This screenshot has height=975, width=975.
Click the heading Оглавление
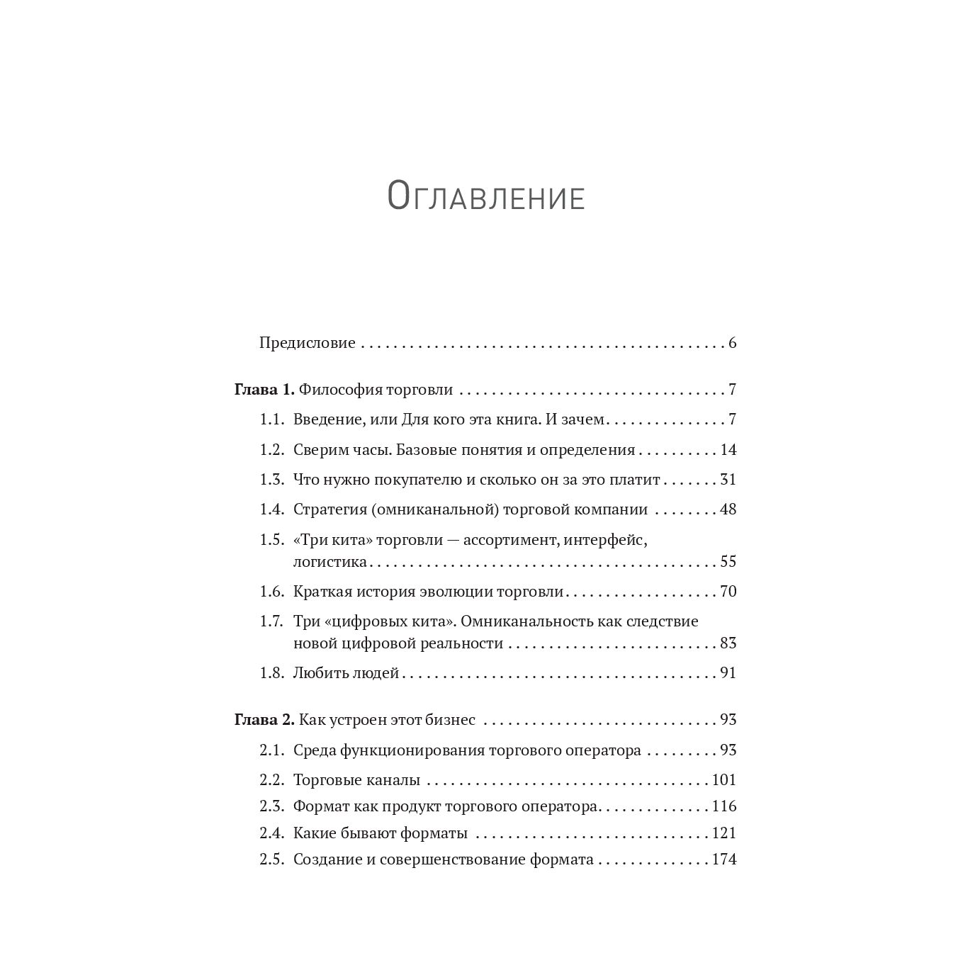point(486,196)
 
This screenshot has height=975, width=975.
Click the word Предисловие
point(307,343)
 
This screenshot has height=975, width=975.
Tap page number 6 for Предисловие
point(732,343)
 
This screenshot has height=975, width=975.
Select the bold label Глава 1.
point(264,390)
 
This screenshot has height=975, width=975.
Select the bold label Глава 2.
point(264,720)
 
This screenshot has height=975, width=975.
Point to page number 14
point(728,450)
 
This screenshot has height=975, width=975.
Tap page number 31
point(728,480)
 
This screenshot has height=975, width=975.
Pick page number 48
point(728,509)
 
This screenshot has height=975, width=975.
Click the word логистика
point(330,562)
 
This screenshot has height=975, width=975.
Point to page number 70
point(728,592)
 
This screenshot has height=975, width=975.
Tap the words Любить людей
point(346,673)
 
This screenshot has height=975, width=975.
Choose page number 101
point(724,780)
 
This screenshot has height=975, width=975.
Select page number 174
point(724,860)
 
